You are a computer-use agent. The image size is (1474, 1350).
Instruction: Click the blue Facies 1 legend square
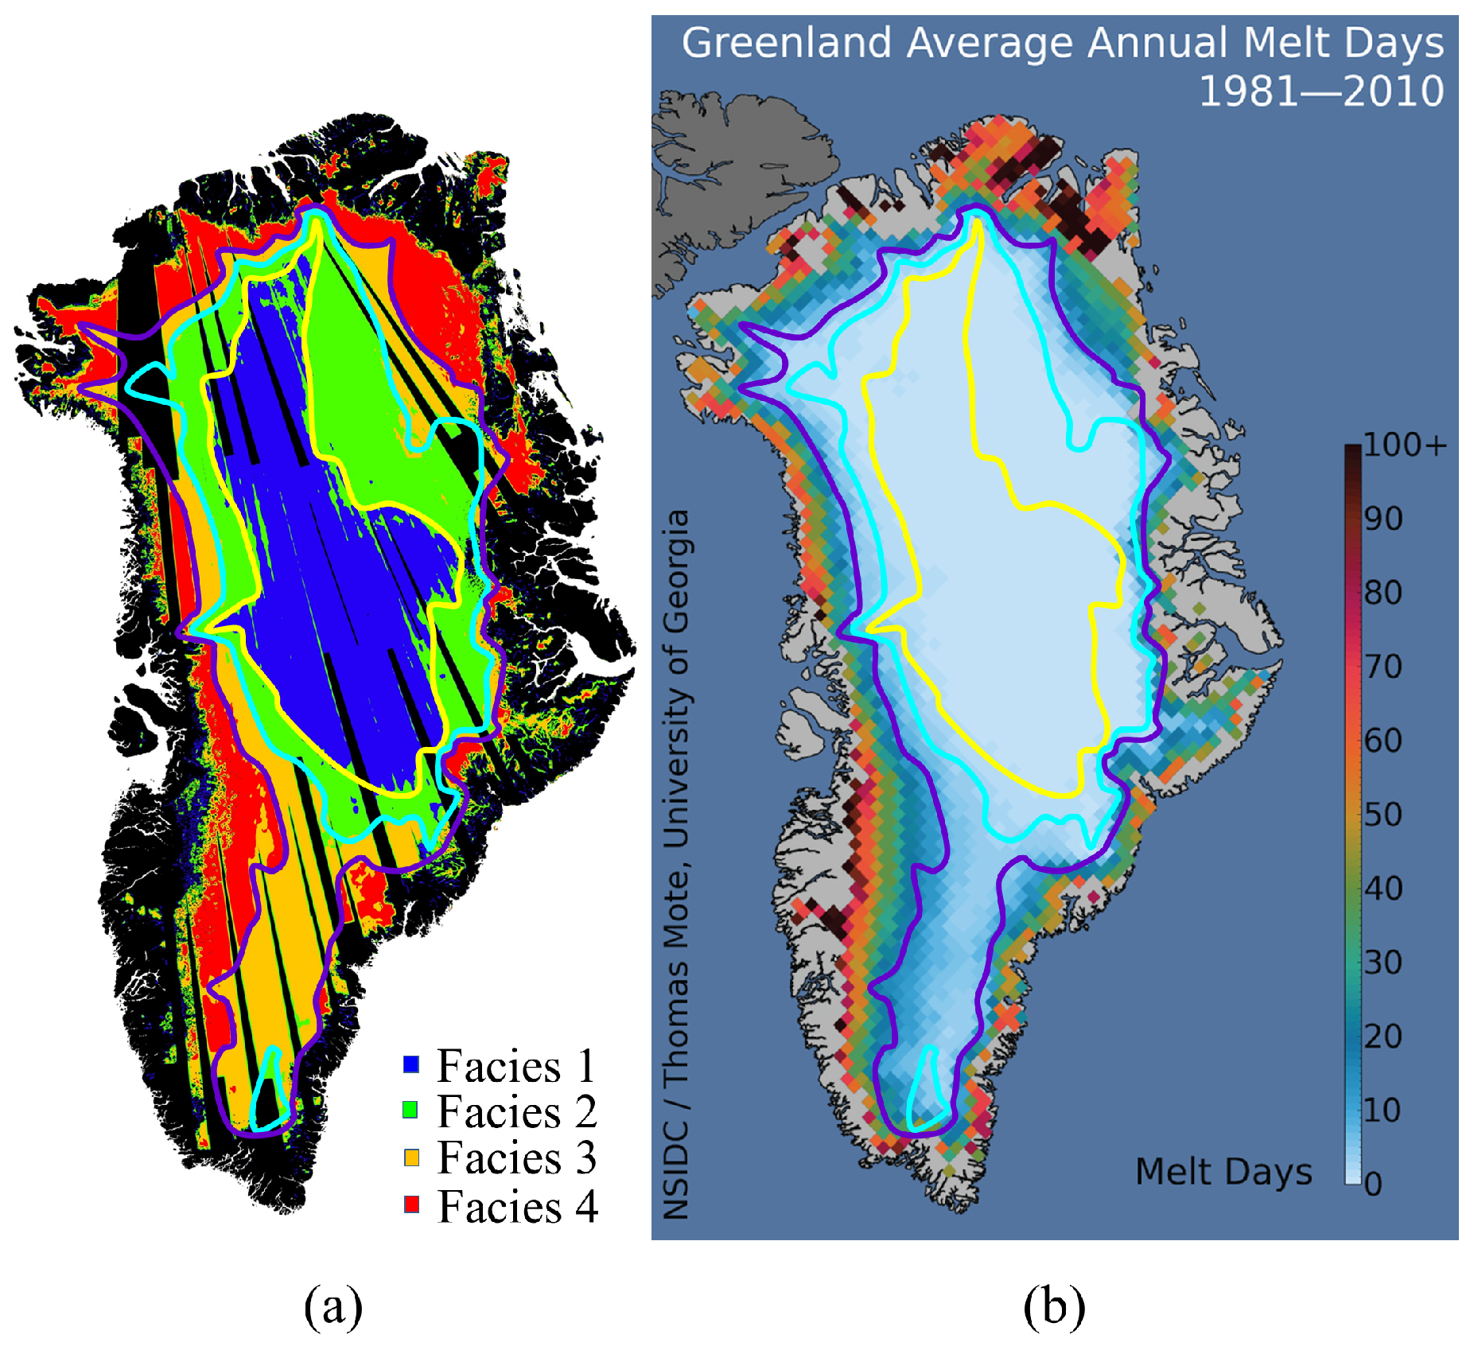410,1064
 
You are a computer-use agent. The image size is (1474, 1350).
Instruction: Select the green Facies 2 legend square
410,1110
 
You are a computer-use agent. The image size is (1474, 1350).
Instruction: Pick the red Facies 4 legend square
410,1204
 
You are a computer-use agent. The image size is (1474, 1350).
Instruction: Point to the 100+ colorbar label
1405,445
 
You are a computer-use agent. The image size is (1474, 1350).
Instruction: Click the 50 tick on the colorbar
1383,814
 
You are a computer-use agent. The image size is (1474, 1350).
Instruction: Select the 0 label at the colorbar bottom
1373,1184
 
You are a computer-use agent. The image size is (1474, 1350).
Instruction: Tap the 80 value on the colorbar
1383,592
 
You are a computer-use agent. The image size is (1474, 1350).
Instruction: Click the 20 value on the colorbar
1383,1036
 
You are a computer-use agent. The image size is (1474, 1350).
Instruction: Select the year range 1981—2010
1320,91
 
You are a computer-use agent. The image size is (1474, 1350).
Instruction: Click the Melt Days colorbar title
1223,1171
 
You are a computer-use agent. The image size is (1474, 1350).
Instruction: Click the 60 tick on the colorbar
1383,740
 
